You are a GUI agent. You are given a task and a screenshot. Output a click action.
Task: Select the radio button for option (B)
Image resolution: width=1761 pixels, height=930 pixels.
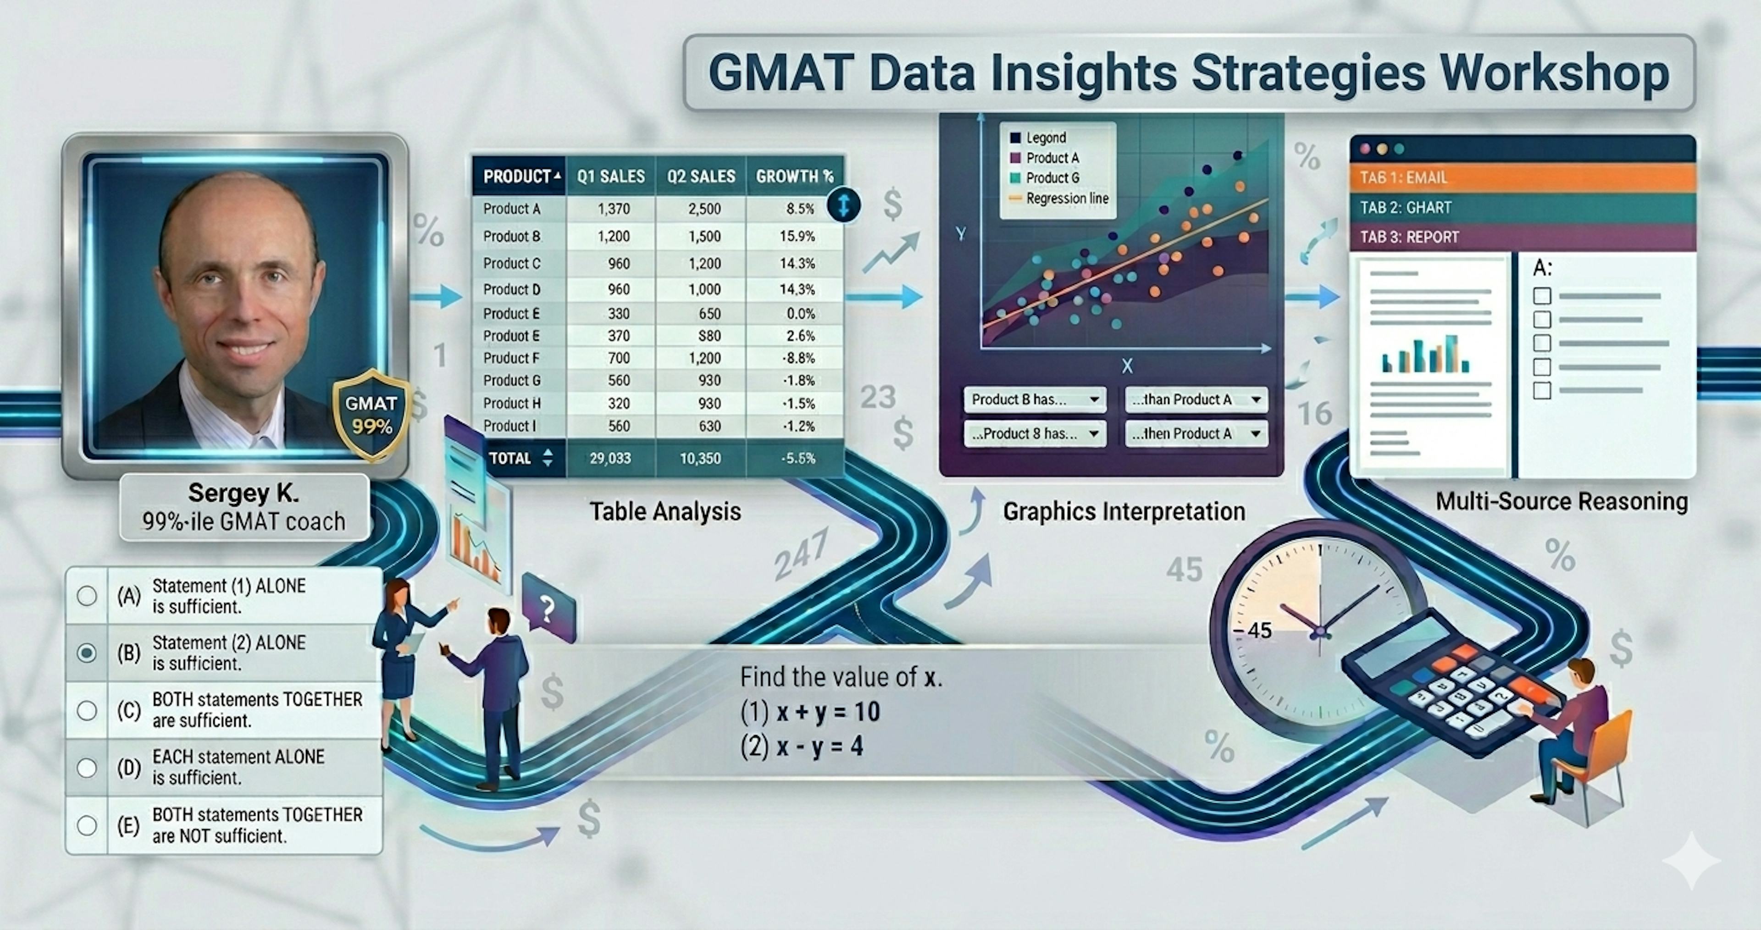click(87, 653)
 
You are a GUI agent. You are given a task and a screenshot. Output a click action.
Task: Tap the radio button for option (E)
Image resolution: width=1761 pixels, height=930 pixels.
click(87, 825)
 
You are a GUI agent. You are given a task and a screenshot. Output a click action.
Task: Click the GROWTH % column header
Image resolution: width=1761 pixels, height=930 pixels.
click(794, 177)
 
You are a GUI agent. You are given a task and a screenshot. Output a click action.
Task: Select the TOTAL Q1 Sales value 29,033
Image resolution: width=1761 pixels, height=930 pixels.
click(610, 458)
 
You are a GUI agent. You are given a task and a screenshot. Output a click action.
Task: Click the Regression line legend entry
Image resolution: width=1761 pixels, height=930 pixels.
click(1066, 198)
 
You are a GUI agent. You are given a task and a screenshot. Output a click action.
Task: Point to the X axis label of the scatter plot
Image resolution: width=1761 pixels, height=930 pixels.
click(1127, 366)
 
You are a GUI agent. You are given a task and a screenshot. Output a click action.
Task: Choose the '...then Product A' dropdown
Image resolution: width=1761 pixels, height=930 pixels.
click(1196, 433)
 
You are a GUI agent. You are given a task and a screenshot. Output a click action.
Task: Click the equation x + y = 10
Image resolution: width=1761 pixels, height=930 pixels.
click(811, 712)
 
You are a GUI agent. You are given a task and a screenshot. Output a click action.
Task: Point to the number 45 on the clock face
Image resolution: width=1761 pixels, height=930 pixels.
click(1259, 630)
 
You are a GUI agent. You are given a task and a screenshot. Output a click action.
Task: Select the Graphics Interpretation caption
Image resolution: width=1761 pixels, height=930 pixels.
click(1123, 511)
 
